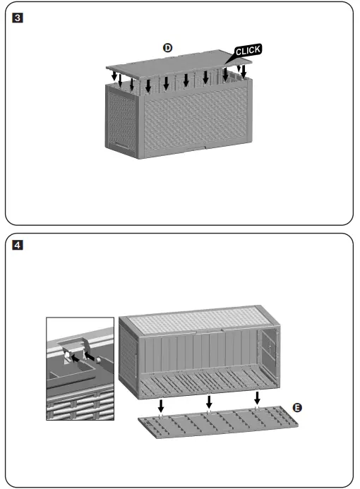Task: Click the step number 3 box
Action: pos(17,13)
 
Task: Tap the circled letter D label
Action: pos(167,47)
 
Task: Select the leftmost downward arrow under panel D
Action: pos(114,73)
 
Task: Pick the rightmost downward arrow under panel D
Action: pos(244,71)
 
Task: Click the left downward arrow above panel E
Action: pos(161,405)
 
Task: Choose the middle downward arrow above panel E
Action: pos(208,401)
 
